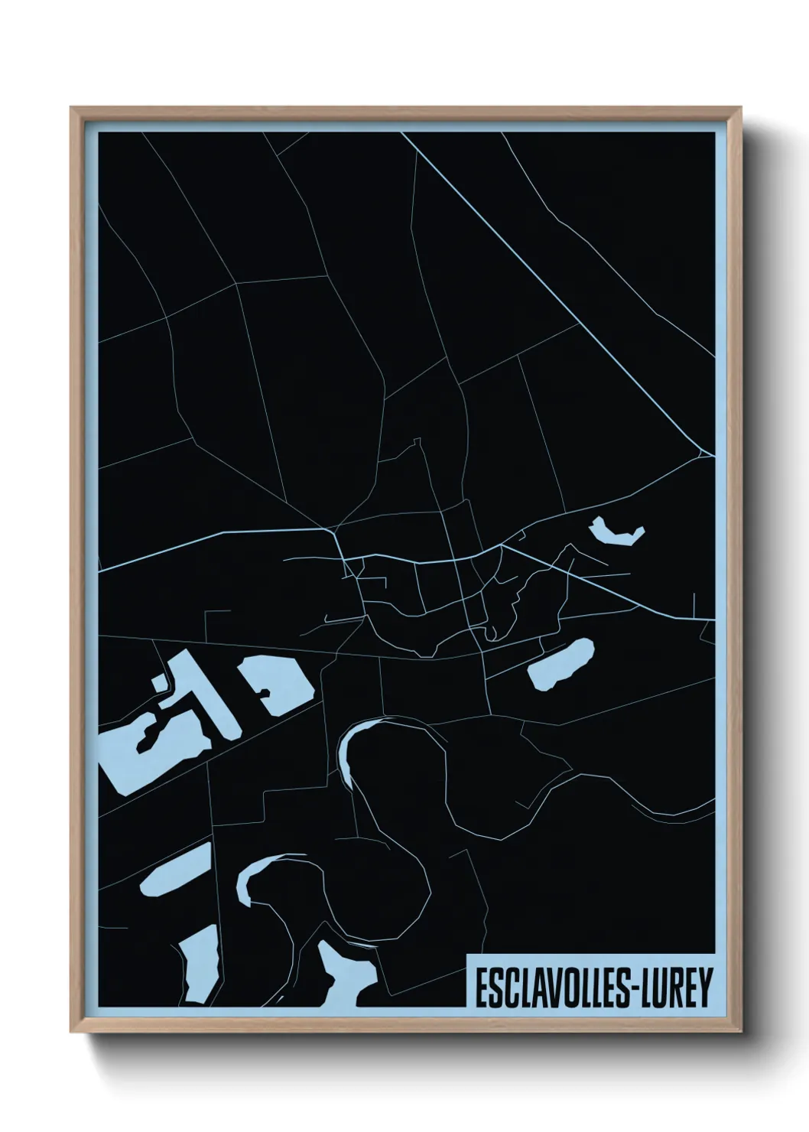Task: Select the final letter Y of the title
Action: pyautogui.click(x=705, y=987)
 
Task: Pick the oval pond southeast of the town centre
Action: pyautogui.click(x=561, y=663)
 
